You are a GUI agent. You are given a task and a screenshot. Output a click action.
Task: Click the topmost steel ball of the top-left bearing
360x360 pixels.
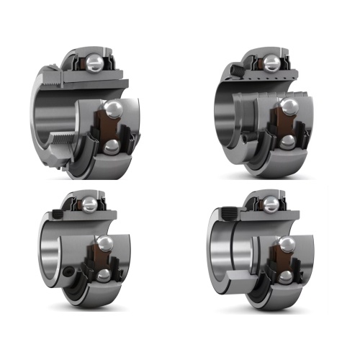tap(96, 61)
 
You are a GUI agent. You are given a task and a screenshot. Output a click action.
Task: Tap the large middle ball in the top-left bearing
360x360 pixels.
tap(113, 108)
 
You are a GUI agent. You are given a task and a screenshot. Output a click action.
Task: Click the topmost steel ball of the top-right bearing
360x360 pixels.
tap(271, 62)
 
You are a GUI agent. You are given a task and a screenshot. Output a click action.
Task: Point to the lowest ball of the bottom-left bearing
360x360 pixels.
tap(103, 275)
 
